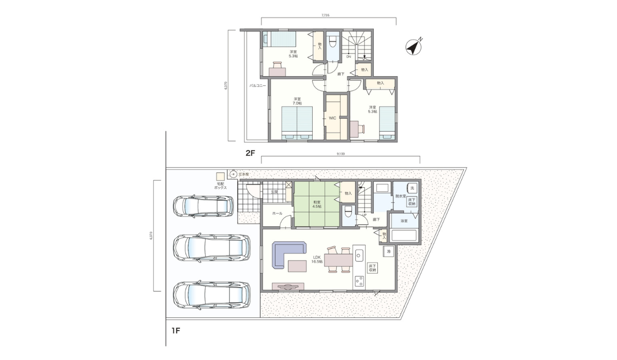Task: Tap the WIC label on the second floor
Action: [x=332, y=118]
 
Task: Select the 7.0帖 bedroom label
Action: [x=297, y=101]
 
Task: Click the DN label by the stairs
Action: [x=348, y=57]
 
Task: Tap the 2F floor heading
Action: [x=250, y=153]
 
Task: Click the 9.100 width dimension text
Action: [x=340, y=154]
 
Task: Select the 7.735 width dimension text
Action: [x=325, y=15]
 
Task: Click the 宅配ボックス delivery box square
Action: [x=220, y=176]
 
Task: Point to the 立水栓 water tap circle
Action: [x=232, y=174]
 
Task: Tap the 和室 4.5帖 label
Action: [x=317, y=205]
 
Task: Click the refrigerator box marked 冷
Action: [x=388, y=251]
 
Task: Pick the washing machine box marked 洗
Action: [x=412, y=188]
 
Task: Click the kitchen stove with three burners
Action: [x=359, y=281]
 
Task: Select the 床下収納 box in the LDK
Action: [x=373, y=267]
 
